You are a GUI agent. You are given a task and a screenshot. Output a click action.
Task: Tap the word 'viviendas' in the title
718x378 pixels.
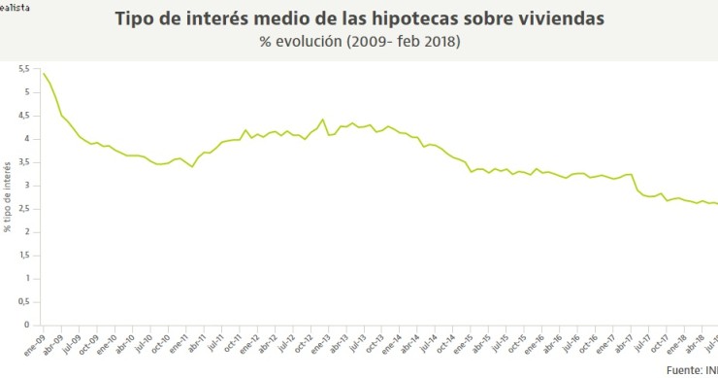tap(562, 19)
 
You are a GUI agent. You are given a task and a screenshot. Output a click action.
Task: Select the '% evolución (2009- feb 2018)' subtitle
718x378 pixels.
tap(359, 42)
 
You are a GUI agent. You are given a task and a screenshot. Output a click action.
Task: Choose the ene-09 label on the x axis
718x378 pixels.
tap(35, 344)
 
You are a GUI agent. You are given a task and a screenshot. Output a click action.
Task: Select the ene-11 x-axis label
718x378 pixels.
tap(175, 344)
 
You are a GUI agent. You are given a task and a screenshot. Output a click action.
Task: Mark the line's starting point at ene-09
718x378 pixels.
tap(44, 73)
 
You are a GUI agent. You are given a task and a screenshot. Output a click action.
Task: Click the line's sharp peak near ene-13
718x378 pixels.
tap(322, 120)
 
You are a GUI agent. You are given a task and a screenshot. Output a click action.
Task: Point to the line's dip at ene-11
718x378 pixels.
tap(192, 167)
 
